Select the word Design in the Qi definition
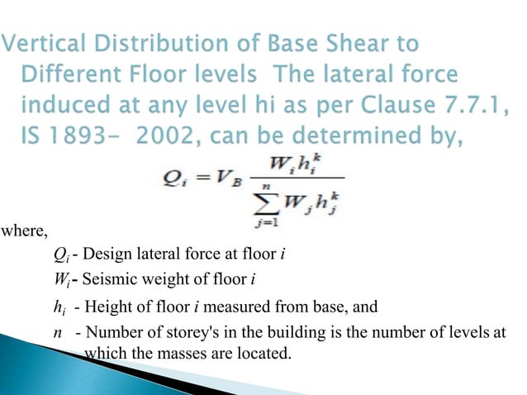(105, 253)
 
